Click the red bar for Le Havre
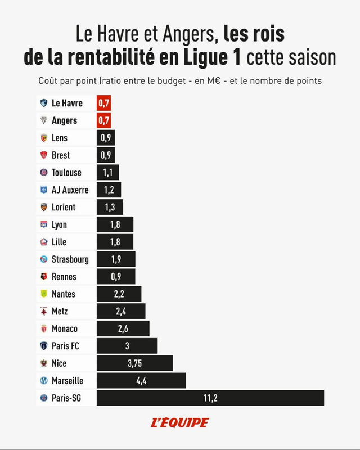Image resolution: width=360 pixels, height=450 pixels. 103,103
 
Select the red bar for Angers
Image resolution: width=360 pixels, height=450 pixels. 103,120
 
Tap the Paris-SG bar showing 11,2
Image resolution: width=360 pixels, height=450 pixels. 210,398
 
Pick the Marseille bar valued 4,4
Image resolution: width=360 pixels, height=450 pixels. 141,381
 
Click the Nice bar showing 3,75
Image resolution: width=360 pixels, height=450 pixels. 134,363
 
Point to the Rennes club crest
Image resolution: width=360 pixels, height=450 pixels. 44,276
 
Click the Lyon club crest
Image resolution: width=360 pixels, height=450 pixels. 44,224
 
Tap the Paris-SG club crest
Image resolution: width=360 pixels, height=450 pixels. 44,398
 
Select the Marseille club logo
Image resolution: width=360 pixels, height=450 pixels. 44,381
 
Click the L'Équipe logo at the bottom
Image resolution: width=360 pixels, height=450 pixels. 180,422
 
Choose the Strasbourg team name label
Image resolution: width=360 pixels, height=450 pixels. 70,259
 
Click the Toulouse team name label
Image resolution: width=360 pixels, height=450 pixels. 66,173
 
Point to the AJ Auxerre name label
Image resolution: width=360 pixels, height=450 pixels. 70,190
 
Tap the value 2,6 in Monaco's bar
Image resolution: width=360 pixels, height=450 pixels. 123,328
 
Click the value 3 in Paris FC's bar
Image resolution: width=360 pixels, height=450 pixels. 127,346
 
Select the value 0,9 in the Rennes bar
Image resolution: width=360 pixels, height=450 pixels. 116,276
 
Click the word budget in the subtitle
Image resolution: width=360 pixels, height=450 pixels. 172,80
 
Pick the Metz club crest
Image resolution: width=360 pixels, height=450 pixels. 44,311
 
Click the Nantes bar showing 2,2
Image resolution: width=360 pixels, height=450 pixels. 119,294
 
